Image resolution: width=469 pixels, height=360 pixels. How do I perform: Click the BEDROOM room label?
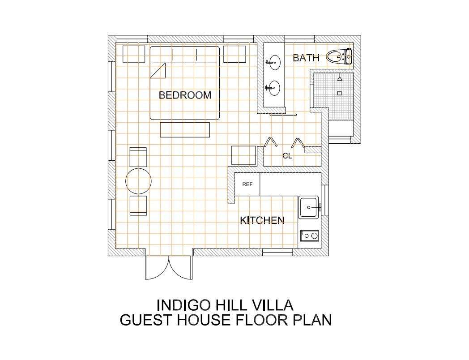coord(185,95)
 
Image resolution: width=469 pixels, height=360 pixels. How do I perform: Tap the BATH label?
coord(306,58)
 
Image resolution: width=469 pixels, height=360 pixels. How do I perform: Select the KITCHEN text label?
coord(262,220)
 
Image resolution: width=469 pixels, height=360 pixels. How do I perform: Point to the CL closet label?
coord(287,156)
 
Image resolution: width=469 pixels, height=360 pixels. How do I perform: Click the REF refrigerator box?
coord(247,184)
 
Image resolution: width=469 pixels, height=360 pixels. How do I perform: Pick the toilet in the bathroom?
coord(339,56)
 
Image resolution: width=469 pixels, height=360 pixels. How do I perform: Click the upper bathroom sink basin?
coord(274,63)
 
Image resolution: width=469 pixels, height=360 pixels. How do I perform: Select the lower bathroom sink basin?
coord(274,88)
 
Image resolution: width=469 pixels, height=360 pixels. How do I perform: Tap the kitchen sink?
coord(309,207)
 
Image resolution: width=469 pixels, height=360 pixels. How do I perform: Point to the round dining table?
coord(139,181)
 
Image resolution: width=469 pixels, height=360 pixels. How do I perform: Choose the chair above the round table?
coord(138,157)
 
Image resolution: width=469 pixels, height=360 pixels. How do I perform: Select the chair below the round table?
coord(138,206)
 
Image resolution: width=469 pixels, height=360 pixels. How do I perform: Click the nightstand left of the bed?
coord(134,54)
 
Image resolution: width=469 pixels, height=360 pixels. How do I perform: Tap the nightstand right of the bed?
coord(235,54)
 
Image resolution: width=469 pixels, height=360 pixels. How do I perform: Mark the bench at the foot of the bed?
coord(185,129)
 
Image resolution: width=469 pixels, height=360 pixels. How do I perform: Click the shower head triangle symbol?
coord(340,78)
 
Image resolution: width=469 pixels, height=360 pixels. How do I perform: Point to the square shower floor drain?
coord(339,94)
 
